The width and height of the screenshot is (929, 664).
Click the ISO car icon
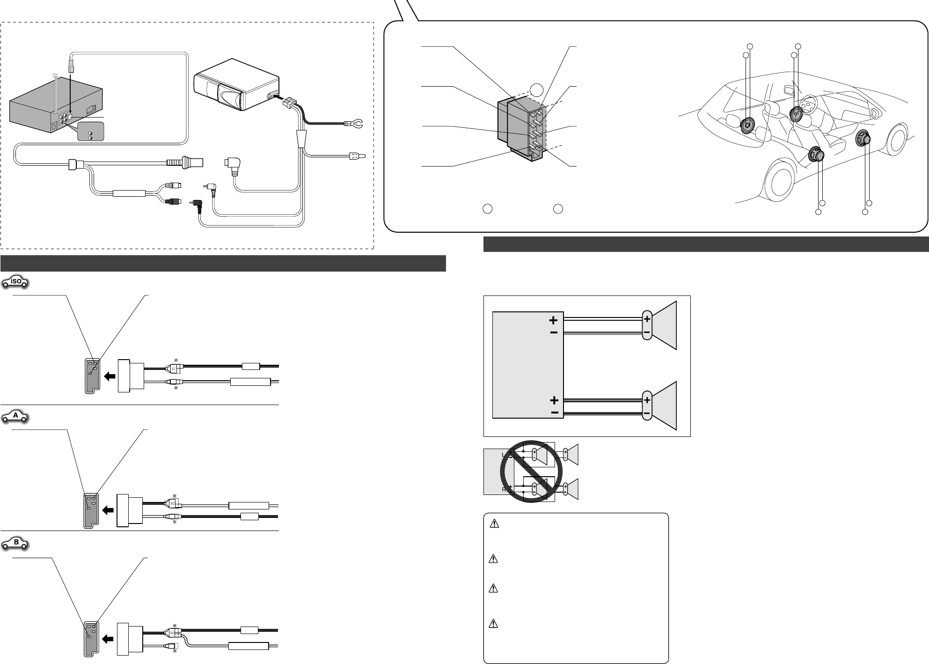point(16,282)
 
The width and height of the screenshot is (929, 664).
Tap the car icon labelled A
point(16,415)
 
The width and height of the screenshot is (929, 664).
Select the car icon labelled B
point(16,544)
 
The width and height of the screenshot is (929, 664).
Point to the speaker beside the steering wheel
point(796,114)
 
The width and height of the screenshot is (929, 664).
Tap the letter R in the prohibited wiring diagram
point(504,490)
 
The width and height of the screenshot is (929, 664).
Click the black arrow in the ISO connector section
point(110,376)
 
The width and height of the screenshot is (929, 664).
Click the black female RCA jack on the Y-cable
point(174,202)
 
